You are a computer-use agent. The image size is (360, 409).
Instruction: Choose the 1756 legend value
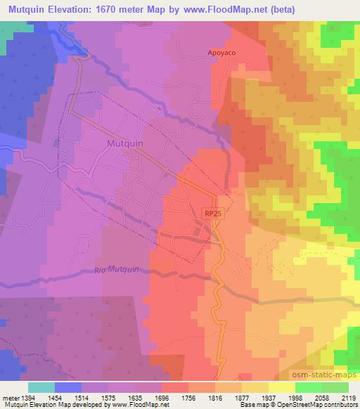click(188, 397)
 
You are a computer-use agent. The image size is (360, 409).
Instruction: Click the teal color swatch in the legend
click(41, 387)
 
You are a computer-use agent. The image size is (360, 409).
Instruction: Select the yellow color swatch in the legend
click(281, 387)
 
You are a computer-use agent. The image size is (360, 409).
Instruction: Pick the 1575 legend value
click(108, 397)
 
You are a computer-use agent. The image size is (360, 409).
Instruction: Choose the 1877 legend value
click(242, 397)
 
